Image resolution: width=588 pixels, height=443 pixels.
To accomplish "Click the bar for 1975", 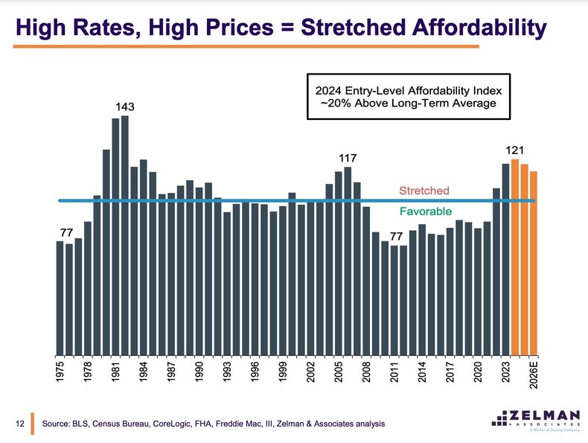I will (60, 298).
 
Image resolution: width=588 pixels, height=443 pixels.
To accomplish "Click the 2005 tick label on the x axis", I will (339, 369).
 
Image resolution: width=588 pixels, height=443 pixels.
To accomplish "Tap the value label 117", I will (348, 159).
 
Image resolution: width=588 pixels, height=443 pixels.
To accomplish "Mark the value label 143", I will (125, 107).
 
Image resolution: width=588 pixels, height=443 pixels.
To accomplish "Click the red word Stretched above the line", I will (424, 191).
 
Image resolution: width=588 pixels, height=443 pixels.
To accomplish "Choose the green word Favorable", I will (425, 211).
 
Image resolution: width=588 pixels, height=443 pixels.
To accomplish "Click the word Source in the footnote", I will (60, 424).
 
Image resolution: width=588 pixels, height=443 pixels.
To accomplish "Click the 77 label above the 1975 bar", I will (65, 233).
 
